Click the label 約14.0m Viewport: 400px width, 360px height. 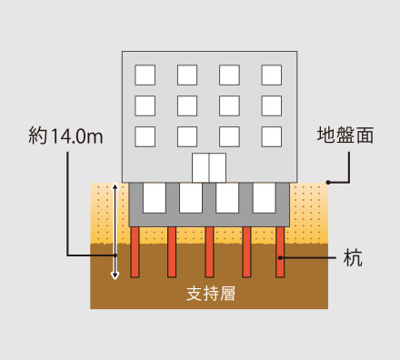point(65,137)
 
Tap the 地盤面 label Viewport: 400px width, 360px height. point(345,137)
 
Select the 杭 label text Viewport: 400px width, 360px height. point(353,258)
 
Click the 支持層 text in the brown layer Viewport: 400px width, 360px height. point(209,294)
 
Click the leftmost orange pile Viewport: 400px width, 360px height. point(135,253)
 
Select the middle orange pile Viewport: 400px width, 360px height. point(209,253)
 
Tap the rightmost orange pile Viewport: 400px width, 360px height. point(280,253)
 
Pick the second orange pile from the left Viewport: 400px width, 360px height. point(172,253)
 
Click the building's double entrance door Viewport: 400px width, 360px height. point(209,166)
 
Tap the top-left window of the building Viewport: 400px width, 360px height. point(145,75)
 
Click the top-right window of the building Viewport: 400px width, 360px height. point(272,75)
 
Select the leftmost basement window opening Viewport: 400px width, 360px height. point(155,197)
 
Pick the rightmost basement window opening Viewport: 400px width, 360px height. point(264,197)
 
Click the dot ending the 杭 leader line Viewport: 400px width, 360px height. point(281,258)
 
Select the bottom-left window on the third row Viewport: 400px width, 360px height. point(145,136)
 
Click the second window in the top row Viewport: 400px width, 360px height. point(187,75)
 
